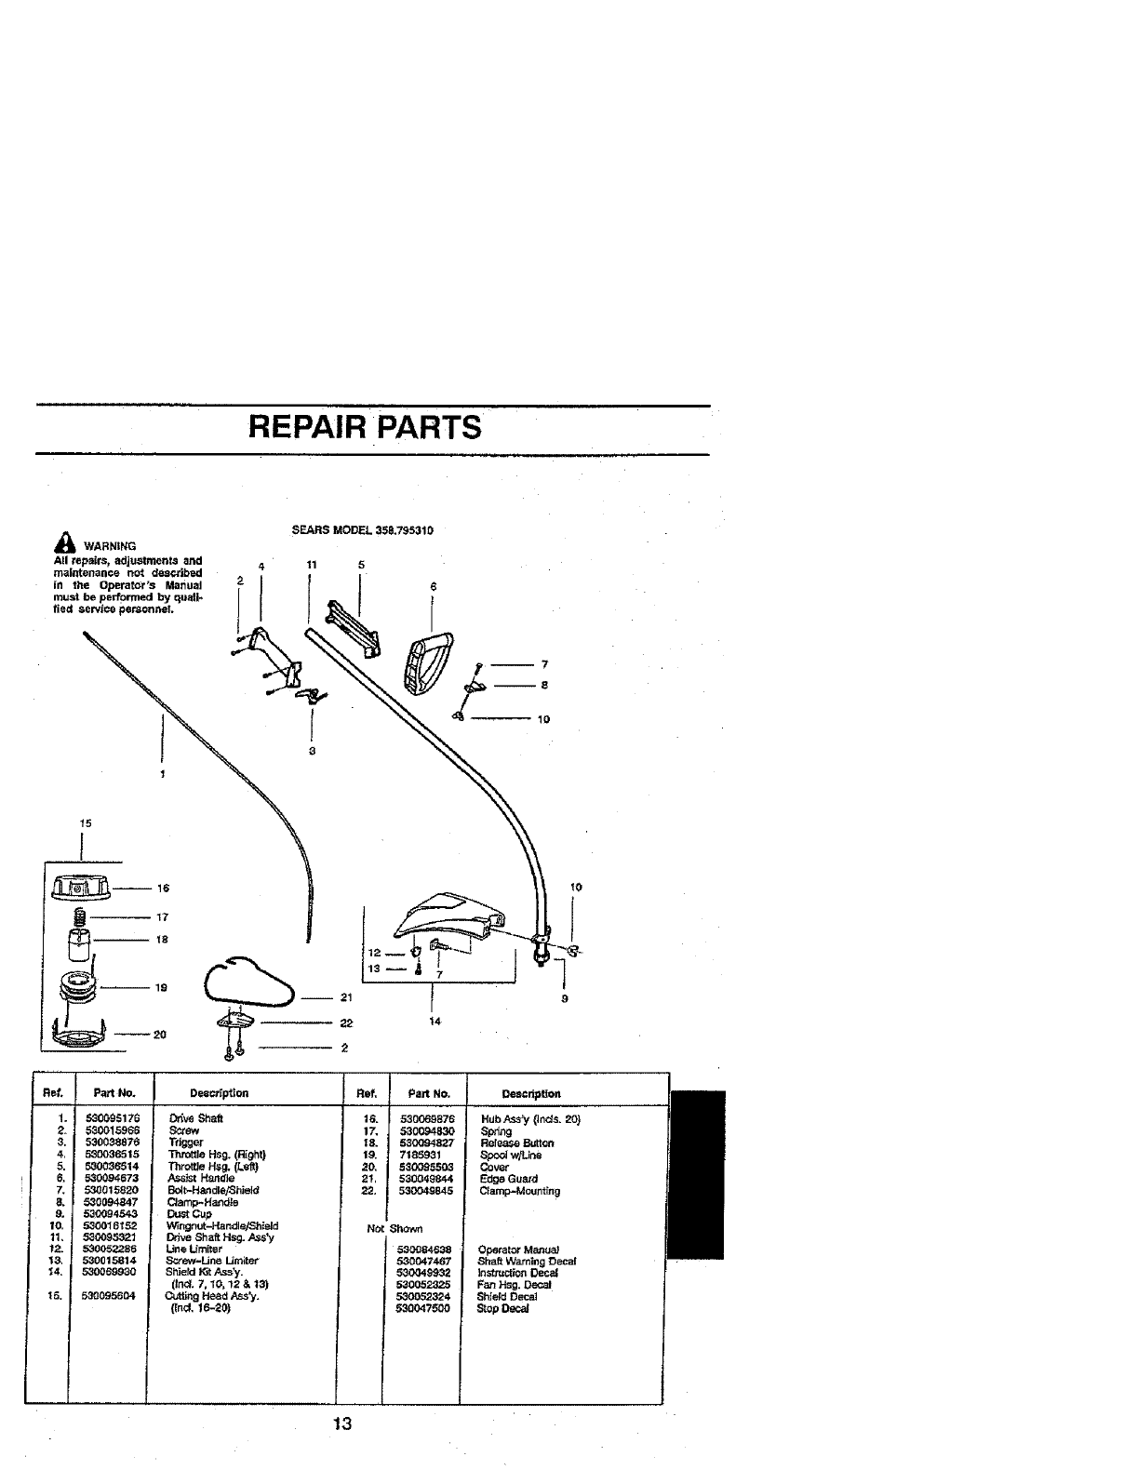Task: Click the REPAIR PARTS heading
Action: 366,428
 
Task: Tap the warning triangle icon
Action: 62,545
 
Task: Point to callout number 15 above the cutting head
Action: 86,822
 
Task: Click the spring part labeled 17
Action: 78,916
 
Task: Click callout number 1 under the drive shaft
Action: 163,774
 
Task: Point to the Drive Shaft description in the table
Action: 195,1118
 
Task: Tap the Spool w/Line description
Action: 511,1155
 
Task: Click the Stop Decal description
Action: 502,1308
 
